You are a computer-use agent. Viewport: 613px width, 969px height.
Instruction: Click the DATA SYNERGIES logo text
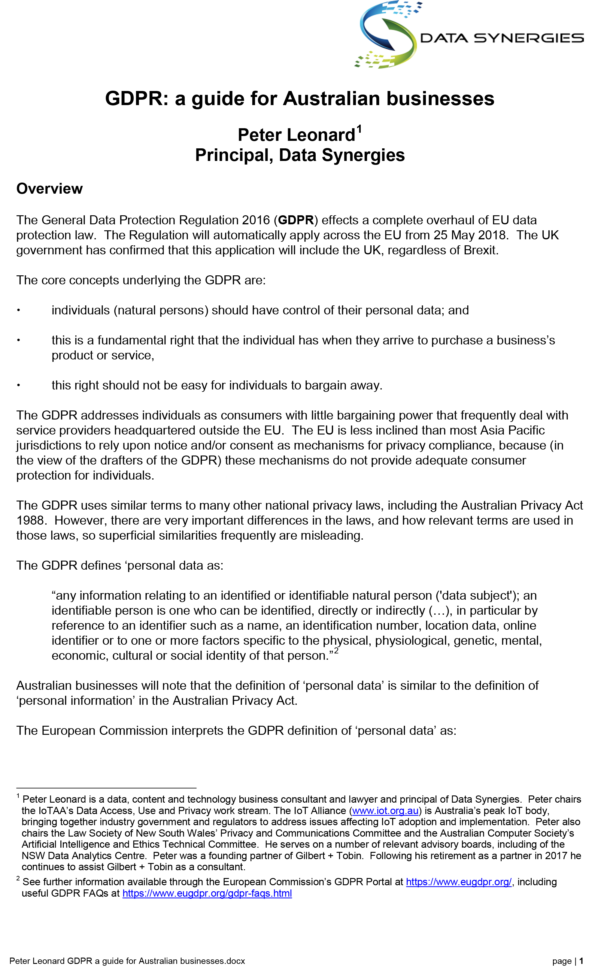click(x=502, y=38)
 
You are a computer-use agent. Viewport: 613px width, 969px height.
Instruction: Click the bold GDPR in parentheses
click(x=296, y=220)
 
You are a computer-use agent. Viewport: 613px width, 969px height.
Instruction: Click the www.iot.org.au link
click(x=385, y=810)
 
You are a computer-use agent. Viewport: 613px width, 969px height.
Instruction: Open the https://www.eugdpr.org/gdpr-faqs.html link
click(x=207, y=893)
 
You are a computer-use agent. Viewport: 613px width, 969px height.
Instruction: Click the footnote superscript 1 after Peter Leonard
click(x=360, y=129)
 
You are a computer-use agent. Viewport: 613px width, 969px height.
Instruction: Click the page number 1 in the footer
click(x=581, y=961)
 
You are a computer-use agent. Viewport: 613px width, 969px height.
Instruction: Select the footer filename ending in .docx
click(x=127, y=961)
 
